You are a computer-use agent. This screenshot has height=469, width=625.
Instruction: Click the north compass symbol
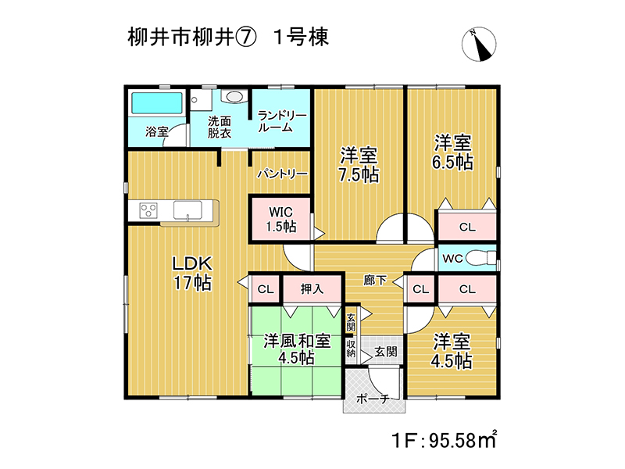tap(479, 45)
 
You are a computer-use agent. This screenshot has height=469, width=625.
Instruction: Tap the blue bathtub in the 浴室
tap(157, 103)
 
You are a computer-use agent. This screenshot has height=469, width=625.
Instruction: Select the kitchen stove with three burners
tap(148, 210)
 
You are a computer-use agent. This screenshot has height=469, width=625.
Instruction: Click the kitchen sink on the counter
tap(187, 210)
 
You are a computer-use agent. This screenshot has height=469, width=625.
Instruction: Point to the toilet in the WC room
tap(480, 258)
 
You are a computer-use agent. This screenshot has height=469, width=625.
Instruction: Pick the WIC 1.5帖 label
tap(281, 220)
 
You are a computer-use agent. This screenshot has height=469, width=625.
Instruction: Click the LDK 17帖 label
tap(192, 273)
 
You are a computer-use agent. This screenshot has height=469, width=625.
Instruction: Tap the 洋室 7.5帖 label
tap(359, 165)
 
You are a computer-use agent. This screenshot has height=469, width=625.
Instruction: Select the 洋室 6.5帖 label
tap(453, 152)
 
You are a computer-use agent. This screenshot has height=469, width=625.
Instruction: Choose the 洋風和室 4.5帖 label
tap(297, 349)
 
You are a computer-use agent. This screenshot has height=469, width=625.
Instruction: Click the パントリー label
tap(282, 174)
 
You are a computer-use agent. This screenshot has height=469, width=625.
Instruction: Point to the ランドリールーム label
tap(281, 122)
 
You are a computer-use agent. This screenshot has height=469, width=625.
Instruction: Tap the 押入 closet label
tap(312, 288)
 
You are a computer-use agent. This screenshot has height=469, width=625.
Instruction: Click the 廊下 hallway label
tap(375, 280)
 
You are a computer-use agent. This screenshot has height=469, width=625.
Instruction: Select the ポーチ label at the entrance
tap(373, 399)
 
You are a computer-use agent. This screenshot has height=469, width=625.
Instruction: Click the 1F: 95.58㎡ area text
tap(444, 439)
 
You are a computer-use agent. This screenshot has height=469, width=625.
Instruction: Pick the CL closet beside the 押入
tap(266, 288)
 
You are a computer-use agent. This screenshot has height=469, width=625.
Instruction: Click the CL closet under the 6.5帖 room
tap(467, 227)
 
